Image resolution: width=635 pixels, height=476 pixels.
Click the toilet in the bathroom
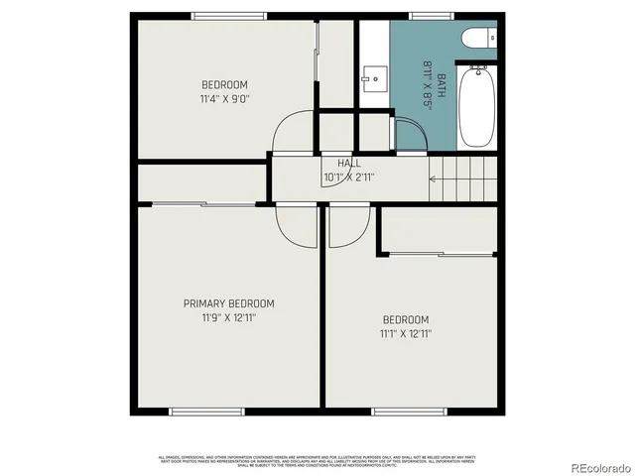(x=479, y=39)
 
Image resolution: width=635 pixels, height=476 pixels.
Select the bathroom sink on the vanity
(x=374, y=75)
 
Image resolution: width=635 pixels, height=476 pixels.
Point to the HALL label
(x=349, y=164)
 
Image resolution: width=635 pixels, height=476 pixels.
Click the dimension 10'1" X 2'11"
(x=349, y=178)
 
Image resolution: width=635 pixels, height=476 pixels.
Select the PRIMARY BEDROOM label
(x=228, y=303)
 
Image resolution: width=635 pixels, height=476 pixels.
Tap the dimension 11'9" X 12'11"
(x=228, y=318)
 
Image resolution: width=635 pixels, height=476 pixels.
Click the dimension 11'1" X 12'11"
(x=406, y=334)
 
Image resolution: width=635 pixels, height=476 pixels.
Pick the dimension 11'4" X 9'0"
(x=225, y=99)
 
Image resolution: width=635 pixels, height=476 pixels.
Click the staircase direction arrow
(x=435, y=179)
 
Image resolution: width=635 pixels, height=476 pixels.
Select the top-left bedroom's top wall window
(x=229, y=16)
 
